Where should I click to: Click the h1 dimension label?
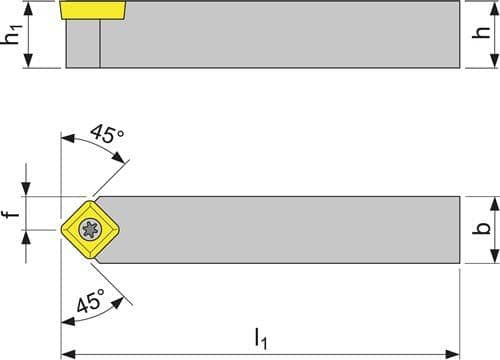(x=11, y=35)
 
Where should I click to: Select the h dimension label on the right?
(x=481, y=32)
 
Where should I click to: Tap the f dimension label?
(x=12, y=213)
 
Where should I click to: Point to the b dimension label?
(x=481, y=228)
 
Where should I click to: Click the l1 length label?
(x=261, y=339)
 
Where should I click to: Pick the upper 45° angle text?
(x=107, y=134)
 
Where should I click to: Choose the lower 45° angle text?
(x=91, y=301)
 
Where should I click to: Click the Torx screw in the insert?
(x=90, y=229)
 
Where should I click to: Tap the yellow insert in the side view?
(x=93, y=10)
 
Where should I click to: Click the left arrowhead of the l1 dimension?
(x=68, y=353)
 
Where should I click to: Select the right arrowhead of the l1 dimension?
(x=453, y=353)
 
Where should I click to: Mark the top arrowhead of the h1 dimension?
(x=29, y=9)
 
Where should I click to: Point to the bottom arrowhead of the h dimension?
(x=495, y=61)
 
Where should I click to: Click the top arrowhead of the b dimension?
(x=495, y=204)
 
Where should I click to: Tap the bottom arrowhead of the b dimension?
(x=495, y=256)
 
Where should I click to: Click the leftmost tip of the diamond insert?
(x=61, y=229)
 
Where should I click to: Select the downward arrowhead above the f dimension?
(x=26, y=189)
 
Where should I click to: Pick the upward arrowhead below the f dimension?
(x=26, y=237)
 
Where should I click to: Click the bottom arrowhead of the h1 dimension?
(x=29, y=61)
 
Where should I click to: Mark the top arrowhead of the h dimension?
(x=495, y=9)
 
